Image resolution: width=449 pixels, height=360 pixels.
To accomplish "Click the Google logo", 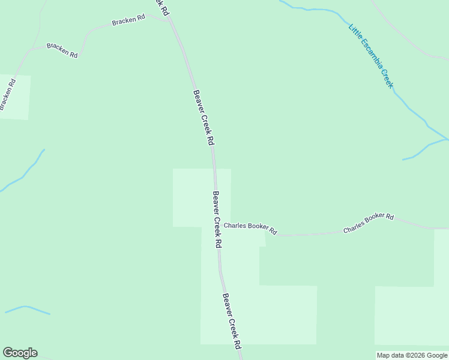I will coord(20,353).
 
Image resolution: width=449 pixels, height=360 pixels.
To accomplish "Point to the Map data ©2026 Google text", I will coord(412,355).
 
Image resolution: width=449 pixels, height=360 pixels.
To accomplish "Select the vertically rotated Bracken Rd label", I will coord(7,94).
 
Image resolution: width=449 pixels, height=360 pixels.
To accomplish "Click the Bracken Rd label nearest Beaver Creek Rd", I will coord(128,20).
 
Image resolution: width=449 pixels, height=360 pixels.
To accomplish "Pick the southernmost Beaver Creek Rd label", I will coord(232,321).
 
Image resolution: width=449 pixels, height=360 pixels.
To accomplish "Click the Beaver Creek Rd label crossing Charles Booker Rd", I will coord(217,220).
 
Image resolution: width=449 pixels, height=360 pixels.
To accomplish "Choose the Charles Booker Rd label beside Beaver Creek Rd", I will coord(250,229).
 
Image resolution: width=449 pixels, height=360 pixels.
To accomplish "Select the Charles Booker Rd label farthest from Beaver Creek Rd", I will coord(368,223).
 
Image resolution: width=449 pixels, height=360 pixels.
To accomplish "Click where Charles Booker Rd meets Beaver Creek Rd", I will coord(217,226).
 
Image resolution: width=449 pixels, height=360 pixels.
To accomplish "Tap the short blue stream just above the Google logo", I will coord(27,309).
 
